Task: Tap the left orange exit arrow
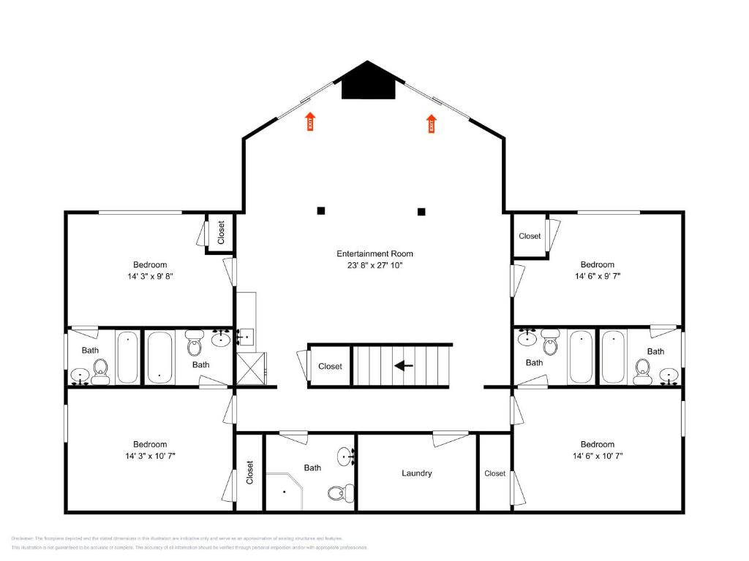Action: click(310, 121)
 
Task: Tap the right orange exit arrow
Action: click(432, 123)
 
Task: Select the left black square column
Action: click(320, 210)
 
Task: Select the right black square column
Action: click(421, 212)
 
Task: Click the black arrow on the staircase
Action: click(404, 365)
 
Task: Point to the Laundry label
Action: click(417, 473)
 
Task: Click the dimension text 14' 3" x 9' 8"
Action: click(150, 276)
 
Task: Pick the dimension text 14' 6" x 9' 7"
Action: click(598, 276)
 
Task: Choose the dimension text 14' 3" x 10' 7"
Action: click(150, 456)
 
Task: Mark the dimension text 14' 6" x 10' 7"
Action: click(598, 456)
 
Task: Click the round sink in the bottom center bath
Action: click(347, 457)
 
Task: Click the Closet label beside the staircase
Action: click(330, 366)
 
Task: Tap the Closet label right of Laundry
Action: click(495, 473)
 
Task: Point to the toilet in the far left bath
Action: click(100, 372)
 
